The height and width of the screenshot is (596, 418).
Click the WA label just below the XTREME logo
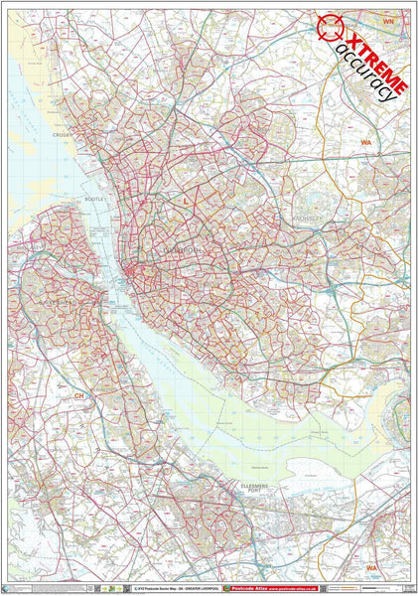coord(365,144)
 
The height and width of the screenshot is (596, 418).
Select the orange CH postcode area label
coord(79,395)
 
